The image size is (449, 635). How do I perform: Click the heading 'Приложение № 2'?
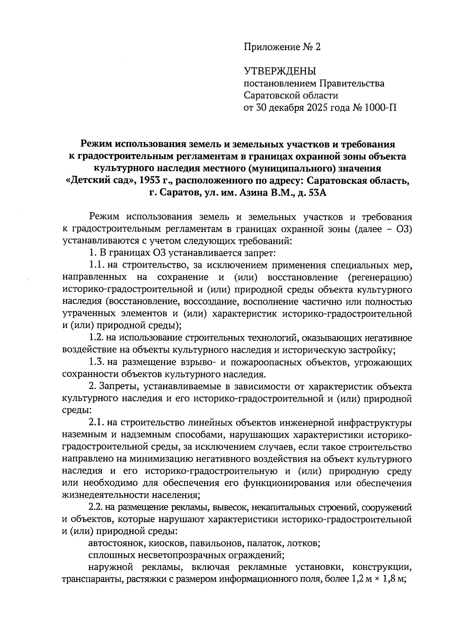point(282,47)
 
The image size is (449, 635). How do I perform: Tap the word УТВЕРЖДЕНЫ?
point(280,71)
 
